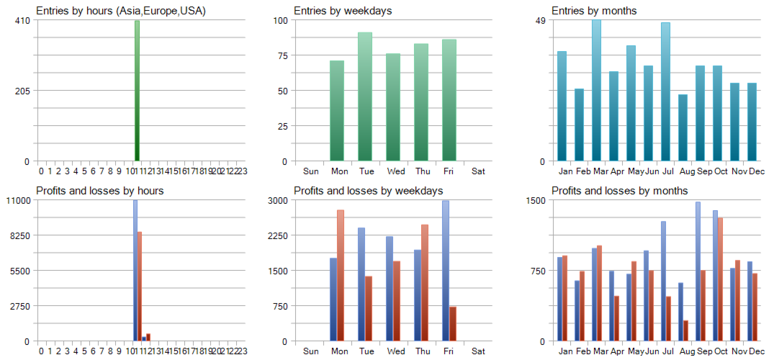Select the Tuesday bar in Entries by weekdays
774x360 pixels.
tap(365, 96)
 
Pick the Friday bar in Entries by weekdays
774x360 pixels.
tap(449, 100)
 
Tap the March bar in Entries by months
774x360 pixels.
tap(596, 91)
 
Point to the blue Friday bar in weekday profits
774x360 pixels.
tap(446, 271)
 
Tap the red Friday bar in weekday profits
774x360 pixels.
tap(453, 323)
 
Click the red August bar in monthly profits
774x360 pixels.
tap(686, 330)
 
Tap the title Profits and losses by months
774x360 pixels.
tap(619, 191)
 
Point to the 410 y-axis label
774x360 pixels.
tap(22, 20)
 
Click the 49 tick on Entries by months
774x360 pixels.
tap(539, 20)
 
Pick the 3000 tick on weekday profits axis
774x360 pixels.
tap(279, 200)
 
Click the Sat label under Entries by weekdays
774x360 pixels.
tap(478, 171)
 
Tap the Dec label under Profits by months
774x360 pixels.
tap(756, 351)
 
